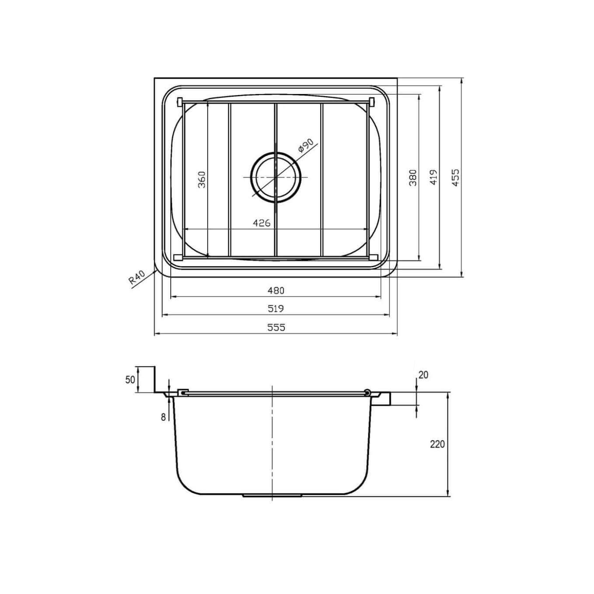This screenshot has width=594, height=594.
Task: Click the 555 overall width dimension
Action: [276, 327]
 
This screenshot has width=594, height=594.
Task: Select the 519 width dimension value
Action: [276, 308]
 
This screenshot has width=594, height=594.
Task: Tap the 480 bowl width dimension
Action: [276, 290]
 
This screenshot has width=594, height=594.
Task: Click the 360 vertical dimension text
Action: [202, 179]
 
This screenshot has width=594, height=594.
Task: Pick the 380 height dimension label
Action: [412, 177]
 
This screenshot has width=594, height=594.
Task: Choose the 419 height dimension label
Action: [433, 177]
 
